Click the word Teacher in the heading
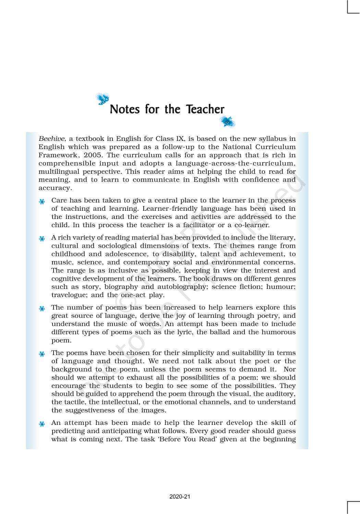pyautogui.click(x=205, y=109)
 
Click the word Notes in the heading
pyautogui.click(x=125, y=109)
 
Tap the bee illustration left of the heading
pyautogui.click(x=102, y=98)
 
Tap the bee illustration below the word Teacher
pyautogui.click(x=228, y=122)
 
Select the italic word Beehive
pyautogui.click(x=51, y=139)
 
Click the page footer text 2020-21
pyautogui.click(x=180, y=497)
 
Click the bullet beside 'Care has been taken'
pyautogui.click(x=42, y=201)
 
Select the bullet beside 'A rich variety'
pyautogui.click(x=42, y=238)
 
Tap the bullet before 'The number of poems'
pyautogui.click(x=42, y=308)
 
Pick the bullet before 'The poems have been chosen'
pyautogui.click(x=42, y=354)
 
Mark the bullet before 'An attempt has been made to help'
pyautogui.click(x=42, y=424)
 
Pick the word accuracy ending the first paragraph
pyautogui.click(x=55, y=188)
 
